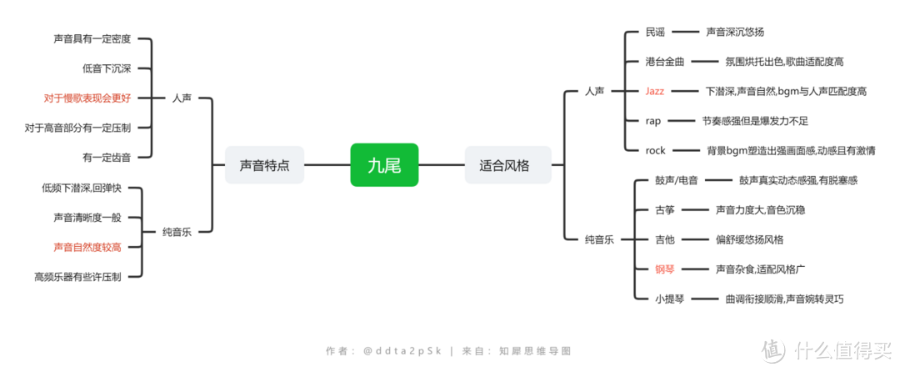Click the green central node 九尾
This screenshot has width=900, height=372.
[384, 165]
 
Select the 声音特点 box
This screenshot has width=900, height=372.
[264, 165]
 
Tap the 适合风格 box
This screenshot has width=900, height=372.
[507, 165]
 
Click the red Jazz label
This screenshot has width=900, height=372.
[654, 91]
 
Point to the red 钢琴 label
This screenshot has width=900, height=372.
[665, 269]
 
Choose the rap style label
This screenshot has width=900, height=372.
[653, 121]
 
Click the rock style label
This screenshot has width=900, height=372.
[655, 151]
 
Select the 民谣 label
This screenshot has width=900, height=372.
[655, 33]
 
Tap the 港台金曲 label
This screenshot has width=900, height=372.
[665, 62]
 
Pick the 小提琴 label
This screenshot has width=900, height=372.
[669, 299]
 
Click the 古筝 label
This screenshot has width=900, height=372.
[665, 210]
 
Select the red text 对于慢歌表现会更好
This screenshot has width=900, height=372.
[87, 98]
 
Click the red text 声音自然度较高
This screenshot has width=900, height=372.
[87, 247]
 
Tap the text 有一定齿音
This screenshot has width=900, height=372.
[107, 156]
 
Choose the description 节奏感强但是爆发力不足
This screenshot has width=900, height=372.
[755, 121]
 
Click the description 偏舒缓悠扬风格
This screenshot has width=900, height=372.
[750, 239]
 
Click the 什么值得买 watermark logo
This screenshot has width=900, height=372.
[827, 348]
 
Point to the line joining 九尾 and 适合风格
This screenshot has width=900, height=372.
[442, 165]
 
